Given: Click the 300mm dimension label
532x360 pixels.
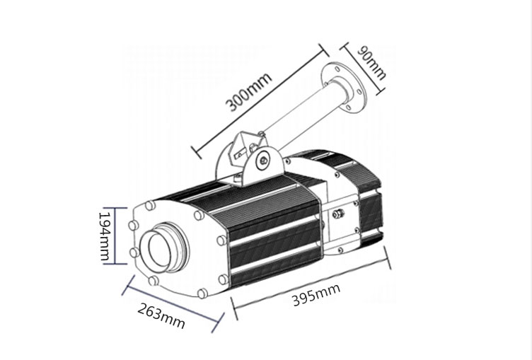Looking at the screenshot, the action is (x=249, y=92).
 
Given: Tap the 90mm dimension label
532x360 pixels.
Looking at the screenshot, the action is (x=372, y=63).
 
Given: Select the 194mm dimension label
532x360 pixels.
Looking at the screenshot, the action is (x=105, y=236).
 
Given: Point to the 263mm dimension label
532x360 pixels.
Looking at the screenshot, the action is (x=161, y=316).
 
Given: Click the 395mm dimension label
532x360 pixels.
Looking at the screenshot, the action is (x=316, y=294).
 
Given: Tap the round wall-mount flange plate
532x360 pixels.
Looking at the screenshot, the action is (x=344, y=88).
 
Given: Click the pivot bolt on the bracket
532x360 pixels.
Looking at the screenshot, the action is (x=262, y=160).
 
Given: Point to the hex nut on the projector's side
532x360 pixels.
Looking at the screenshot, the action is (x=338, y=214).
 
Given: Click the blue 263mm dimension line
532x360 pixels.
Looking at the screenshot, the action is (x=173, y=303).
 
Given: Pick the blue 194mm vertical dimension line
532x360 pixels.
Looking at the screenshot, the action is (x=115, y=236).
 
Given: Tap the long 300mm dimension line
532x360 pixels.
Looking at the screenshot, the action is (x=260, y=100).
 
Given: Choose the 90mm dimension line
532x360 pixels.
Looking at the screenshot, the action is (x=362, y=68).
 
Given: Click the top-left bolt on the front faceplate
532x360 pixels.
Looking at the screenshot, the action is (x=150, y=205).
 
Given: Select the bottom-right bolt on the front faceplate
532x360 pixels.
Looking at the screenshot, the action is (x=202, y=293).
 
